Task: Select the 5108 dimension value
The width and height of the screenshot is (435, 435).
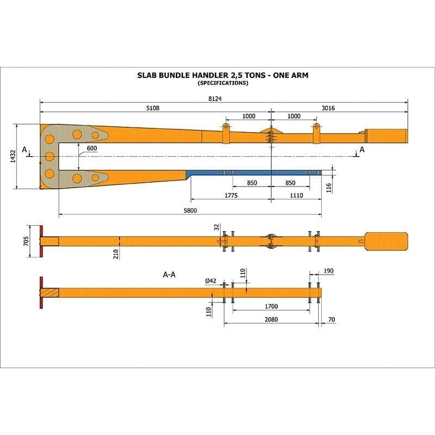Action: (x=153, y=108)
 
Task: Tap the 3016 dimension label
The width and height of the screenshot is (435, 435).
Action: (x=328, y=108)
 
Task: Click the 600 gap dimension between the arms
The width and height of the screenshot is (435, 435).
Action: (x=91, y=148)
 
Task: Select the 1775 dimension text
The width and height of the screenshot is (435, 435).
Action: (x=231, y=195)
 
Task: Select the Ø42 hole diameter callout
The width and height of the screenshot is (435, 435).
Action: (x=211, y=281)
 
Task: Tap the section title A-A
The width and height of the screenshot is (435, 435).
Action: (x=169, y=275)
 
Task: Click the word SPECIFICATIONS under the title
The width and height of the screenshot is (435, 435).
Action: (x=223, y=83)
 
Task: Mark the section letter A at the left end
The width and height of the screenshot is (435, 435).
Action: (x=24, y=149)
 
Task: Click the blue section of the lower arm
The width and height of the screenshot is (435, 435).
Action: (x=256, y=172)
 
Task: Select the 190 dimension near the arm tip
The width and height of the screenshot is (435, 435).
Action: (x=328, y=270)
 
